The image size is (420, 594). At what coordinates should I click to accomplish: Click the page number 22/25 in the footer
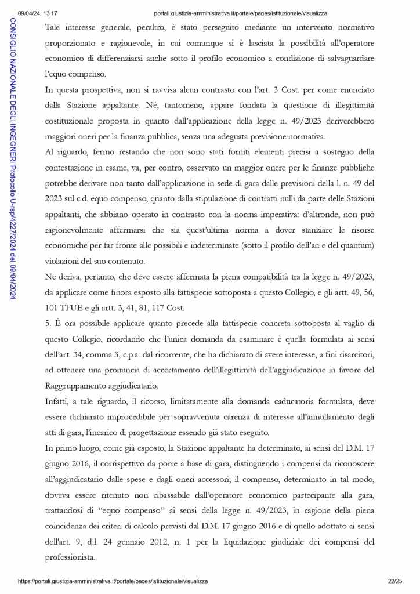[x=395, y=581]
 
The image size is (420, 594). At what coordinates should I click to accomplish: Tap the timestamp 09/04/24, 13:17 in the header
[x=38, y=13]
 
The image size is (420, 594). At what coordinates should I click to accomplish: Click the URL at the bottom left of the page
[x=113, y=581]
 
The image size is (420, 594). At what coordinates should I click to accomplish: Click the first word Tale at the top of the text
[x=54, y=27]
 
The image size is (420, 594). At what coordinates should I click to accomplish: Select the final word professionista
[x=72, y=559]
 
